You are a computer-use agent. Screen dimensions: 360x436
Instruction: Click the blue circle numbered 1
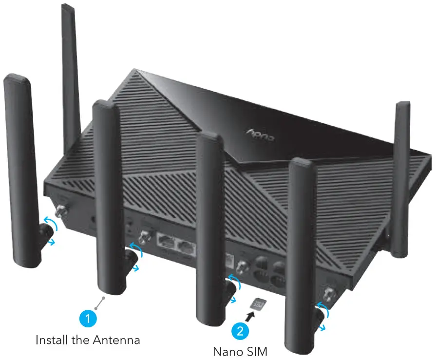click(x=88, y=320)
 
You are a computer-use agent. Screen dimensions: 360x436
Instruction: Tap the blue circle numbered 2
click(x=240, y=331)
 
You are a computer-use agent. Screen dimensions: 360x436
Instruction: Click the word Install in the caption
click(x=51, y=340)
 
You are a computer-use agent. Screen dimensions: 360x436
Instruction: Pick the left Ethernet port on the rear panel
click(x=166, y=242)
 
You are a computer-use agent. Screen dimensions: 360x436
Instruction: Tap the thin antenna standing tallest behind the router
click(x=70, y=73)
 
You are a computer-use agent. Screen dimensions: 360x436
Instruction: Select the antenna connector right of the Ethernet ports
click(x=240, y=265)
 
